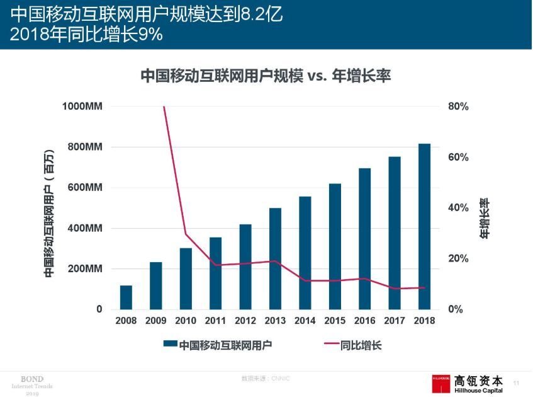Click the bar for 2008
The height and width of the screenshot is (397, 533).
[x=126, y=297]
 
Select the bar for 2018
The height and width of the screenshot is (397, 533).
[x=425, y=227]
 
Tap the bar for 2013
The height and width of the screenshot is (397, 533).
[x=275, y=259]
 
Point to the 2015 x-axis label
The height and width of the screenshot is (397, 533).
[x=335, y=321]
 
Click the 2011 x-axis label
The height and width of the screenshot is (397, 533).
[x=215, y=321]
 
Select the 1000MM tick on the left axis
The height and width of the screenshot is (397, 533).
[x=82, y=106]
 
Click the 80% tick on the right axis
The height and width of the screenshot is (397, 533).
[x=458, y=106]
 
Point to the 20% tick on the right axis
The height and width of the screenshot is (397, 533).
[x=458, y=259]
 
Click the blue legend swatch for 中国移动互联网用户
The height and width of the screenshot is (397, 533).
[x=170, y=345]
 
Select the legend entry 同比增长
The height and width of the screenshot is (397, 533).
[x=361, y=345]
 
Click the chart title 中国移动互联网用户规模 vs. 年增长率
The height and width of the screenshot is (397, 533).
[x=266, y=76]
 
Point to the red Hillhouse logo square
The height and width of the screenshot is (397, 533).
[x=441, y=384]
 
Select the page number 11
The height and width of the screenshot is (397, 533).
[x=517, y=383]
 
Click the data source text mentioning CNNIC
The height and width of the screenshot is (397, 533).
[x=266, y=378]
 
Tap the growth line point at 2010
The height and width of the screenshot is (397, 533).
[x=186, y=234]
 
